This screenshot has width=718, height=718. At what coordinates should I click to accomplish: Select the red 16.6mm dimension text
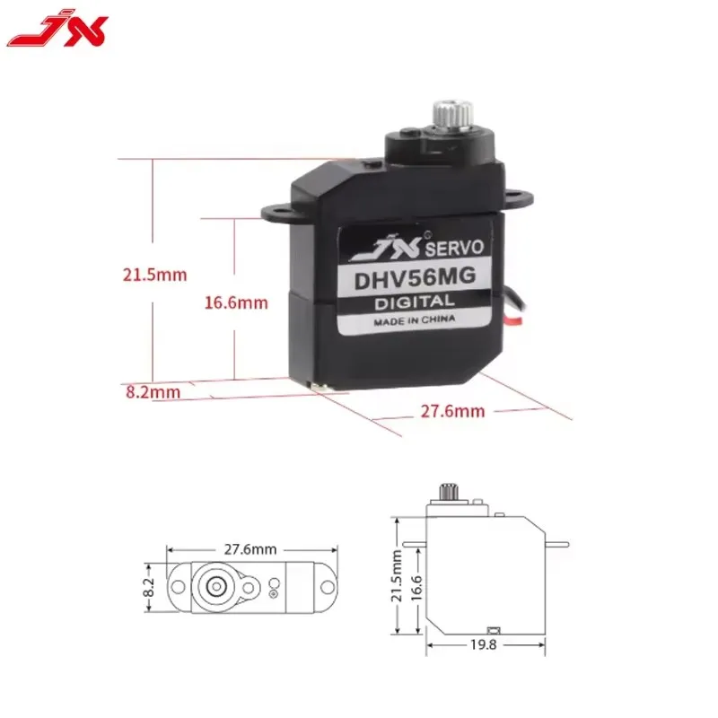tap(236, 303)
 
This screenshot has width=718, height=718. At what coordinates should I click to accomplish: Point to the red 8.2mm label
tap(153, 391)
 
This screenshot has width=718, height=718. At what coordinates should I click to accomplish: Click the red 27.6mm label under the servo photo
tap(452, 411)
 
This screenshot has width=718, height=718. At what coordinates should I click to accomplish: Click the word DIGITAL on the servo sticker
tap(415, 303)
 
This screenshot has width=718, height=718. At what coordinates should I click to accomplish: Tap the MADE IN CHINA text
tap(415, 320)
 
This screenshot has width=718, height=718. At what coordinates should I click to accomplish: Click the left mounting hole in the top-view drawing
tap(178, 587)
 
